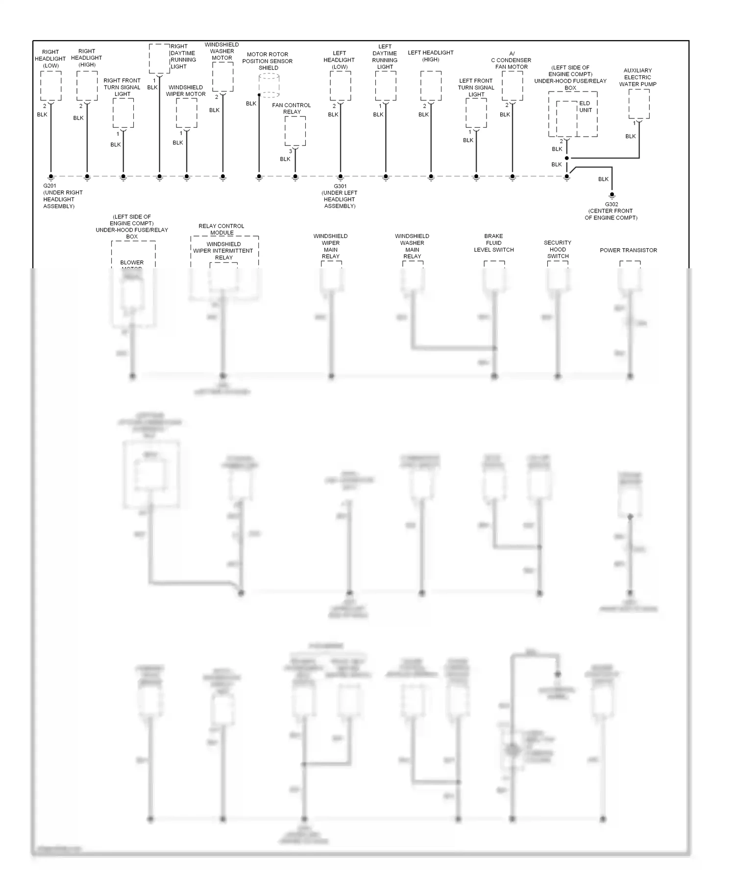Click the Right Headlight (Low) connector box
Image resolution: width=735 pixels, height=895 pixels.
pos(51,86)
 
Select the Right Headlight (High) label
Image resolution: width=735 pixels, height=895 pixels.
pos(87,58)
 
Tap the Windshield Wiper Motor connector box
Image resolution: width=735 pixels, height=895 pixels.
pos(187,113)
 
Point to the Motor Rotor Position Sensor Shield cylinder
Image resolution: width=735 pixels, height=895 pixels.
pos(269,85)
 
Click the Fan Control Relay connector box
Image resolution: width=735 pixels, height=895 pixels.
pos(295,131)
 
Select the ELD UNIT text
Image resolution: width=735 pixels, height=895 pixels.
pos(586,107)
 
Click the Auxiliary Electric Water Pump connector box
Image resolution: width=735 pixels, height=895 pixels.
pos(639,104)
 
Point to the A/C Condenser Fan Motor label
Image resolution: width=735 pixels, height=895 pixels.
pos(512,60)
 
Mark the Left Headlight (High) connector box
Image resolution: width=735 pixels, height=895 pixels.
pos(431,86)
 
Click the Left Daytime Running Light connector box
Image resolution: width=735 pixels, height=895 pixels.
pos(386,86)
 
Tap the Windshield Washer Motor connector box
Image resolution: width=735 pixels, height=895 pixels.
pos(223,76)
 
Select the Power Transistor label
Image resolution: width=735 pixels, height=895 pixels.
pos(628,250)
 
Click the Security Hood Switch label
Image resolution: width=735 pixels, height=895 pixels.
pos(558,249)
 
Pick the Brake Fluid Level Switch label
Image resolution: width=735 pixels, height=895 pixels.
pos(493,243)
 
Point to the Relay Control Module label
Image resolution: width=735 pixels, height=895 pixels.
pos(221,229)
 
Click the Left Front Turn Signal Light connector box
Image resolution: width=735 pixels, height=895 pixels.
pos(476,113)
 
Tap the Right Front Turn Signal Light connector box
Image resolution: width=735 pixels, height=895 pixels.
pos(123,113)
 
